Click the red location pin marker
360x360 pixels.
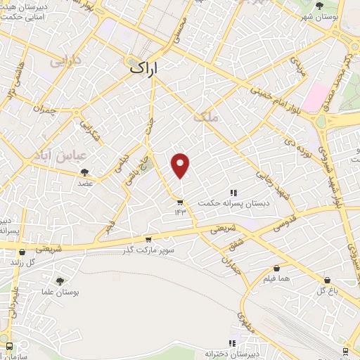(181, 165)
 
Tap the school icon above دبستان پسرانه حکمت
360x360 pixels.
(233, 193)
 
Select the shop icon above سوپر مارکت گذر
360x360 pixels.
(148, 240)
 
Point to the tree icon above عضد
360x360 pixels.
(85, 172)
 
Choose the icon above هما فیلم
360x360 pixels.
(276, 269)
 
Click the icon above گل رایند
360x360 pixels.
(23, 252)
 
